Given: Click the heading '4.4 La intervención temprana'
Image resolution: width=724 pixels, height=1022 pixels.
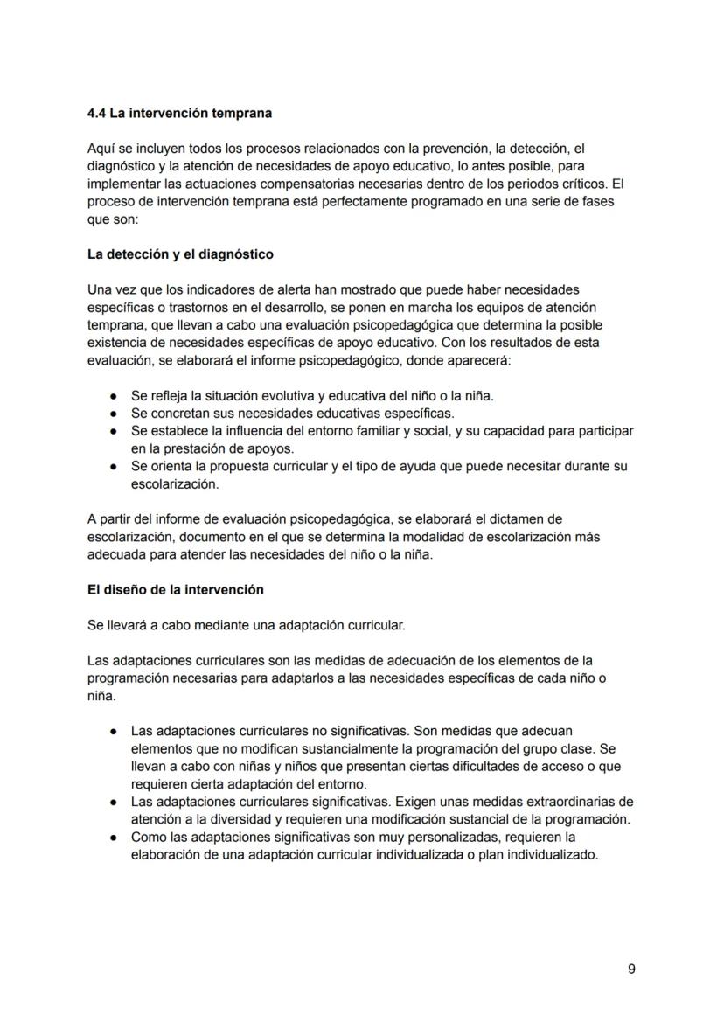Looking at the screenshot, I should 179,114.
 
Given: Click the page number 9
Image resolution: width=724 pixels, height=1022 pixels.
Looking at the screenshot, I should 631,969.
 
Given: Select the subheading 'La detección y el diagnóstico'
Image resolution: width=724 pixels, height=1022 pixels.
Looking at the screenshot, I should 180,254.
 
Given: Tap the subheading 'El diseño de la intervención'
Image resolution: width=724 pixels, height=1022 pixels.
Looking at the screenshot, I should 175,590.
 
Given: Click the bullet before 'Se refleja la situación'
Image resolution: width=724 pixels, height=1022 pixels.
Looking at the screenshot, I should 114,396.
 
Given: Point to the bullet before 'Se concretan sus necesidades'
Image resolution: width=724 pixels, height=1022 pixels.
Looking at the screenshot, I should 114,414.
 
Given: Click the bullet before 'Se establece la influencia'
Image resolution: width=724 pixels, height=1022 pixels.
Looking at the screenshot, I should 114,431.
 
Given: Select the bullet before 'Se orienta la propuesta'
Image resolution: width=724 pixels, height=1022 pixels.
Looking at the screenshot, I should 114,467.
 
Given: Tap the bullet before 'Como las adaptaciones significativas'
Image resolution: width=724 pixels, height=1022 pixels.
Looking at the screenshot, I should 114,838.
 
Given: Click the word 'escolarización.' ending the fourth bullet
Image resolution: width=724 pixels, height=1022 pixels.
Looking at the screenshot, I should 174,483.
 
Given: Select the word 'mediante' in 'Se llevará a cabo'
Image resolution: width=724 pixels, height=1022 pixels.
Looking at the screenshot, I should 198,625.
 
